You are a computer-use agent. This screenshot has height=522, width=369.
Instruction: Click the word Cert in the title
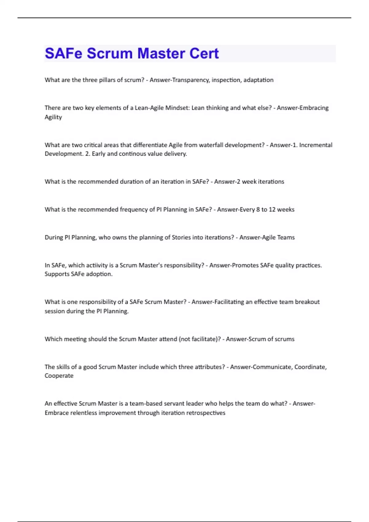(204, 53)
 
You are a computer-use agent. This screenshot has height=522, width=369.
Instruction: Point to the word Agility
(53, 117)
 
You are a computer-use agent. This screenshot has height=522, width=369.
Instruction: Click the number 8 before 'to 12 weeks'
(258, 209)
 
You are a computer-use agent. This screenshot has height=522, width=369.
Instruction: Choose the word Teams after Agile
(286, 237)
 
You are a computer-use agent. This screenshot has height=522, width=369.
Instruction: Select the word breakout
(307, 302)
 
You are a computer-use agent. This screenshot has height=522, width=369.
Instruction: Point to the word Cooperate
(59, 376)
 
